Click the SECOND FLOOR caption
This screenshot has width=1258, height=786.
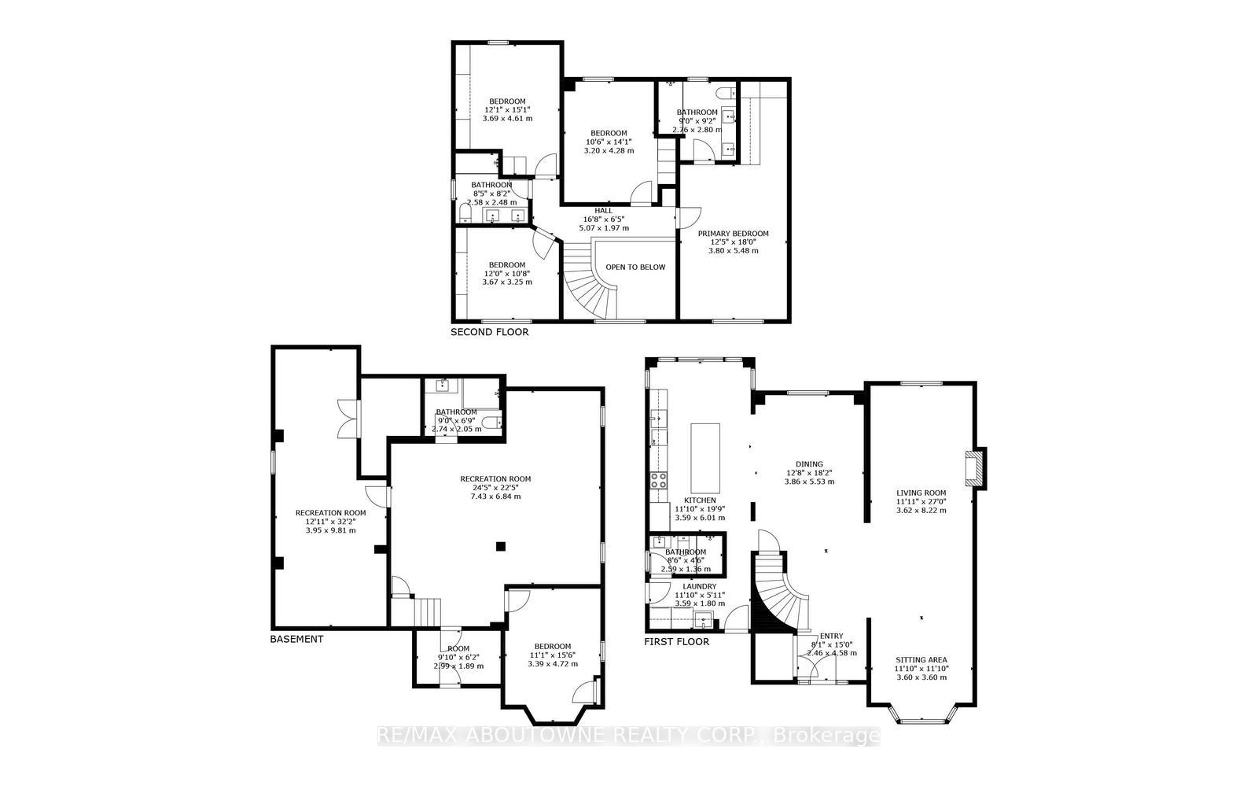coord(489,332)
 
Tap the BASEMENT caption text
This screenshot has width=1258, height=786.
coord(296,639)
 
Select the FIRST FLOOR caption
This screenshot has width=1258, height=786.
coord(676,641)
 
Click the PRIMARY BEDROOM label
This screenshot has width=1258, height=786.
coord(734,234)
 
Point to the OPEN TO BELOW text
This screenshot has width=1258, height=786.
coord(635,267)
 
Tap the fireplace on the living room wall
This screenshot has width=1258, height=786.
coord(976,467)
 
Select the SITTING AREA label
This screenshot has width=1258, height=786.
coord(921,660)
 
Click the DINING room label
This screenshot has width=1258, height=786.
coord(809,464)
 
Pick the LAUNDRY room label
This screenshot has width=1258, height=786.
coord(699,586)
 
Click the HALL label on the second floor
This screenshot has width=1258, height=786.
coord(603,211)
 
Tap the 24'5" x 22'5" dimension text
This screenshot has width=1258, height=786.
coord(495,487)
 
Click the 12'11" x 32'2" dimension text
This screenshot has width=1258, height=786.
coord(330,521)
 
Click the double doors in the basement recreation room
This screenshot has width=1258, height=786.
coord(347,419)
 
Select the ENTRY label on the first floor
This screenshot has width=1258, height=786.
coord(831,636)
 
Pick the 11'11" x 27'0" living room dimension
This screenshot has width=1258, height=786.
coord(921,501)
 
